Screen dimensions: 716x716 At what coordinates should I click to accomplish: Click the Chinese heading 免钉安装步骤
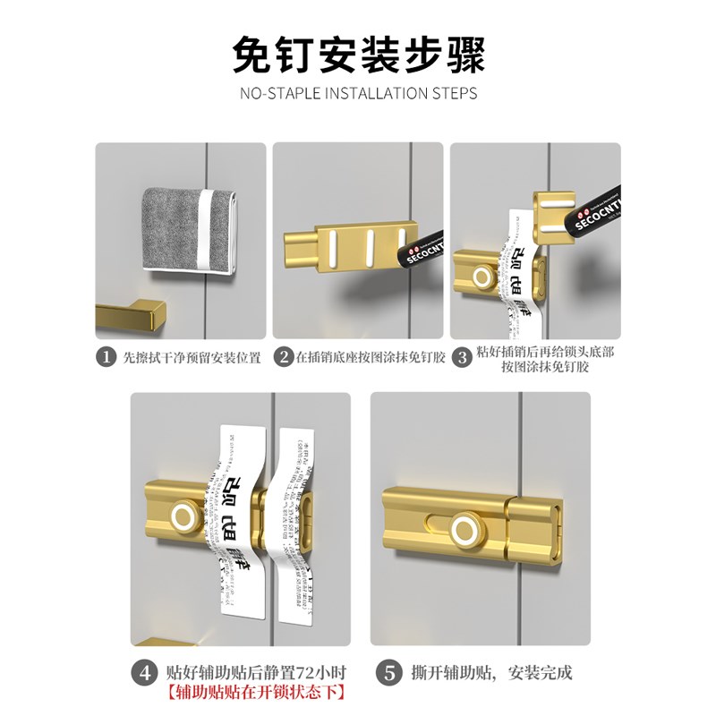coord(358,55)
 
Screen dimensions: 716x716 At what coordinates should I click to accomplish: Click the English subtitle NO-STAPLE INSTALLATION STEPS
coord(358,93)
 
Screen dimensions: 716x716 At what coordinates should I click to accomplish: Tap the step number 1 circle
coord(107,357)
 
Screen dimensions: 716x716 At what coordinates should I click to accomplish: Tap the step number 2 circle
coord(283,357)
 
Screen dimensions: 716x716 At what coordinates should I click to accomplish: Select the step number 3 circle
coord(463,357)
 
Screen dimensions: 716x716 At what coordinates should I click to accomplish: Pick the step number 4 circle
coord(147,672)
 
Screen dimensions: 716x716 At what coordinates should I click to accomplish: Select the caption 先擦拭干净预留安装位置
coord(191,357)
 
